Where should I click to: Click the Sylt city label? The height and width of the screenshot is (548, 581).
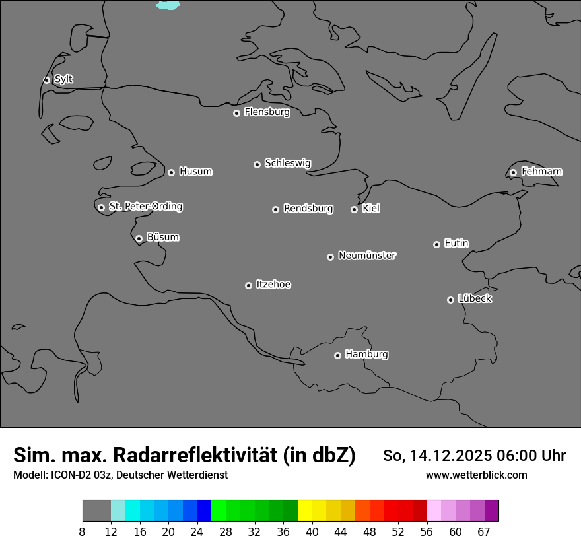click(63, 79)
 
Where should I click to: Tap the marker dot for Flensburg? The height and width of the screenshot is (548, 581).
click(236, 113)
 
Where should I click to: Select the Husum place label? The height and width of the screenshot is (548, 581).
click(195, 172)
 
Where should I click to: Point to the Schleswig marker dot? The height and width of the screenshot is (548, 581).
click(257, 164)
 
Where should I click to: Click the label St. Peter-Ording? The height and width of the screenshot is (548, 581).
click(145, 207)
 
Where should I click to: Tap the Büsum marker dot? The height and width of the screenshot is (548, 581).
click(139, 238)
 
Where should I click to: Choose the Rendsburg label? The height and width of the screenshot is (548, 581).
click(308, 209)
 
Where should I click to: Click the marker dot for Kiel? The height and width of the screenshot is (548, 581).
click(354, 209)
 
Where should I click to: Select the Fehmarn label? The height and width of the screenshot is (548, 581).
click(541, 172)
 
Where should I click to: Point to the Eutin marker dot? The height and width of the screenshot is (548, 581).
click(436, 244)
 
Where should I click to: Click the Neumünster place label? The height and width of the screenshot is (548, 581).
click(367, 256)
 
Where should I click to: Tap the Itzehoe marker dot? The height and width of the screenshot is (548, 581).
click(248, 285)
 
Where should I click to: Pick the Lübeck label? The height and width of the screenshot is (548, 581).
click(475, 298)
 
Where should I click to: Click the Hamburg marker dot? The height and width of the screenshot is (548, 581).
click(337, 355)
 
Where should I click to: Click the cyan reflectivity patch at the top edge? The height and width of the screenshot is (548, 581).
click(168, 5)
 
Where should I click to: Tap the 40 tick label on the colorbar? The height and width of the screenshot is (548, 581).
click(312, 532)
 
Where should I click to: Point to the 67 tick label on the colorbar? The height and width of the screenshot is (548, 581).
click(483, 532)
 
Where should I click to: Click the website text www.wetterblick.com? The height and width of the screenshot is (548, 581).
click(476, 475)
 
